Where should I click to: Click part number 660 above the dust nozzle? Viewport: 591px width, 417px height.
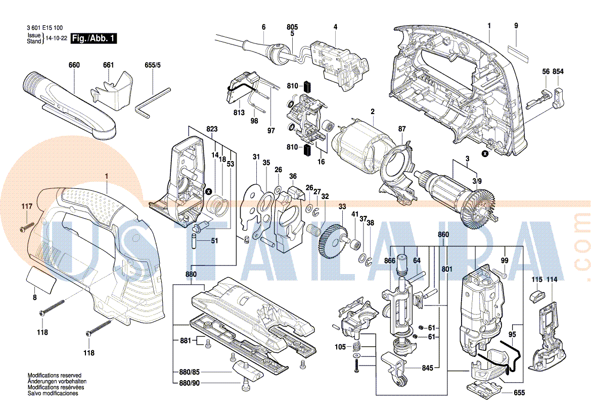coord(74,65)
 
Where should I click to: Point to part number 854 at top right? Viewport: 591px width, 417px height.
coord(558,72)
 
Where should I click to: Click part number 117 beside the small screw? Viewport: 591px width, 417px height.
coord(27,206)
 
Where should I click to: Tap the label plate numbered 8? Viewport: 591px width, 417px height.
coord(39,279)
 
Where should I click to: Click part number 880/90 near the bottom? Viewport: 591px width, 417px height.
coord(189,383)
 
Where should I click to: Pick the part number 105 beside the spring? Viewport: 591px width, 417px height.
coord(340,347)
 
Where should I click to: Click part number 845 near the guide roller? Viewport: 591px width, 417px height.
coord(428,369)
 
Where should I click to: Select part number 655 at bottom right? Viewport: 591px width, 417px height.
coord(519,393)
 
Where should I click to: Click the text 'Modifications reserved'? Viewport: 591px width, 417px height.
coord(54,376)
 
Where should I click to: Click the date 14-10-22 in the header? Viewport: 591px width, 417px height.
coord(56,38)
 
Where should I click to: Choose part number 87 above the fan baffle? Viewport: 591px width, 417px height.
coord(401,129)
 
